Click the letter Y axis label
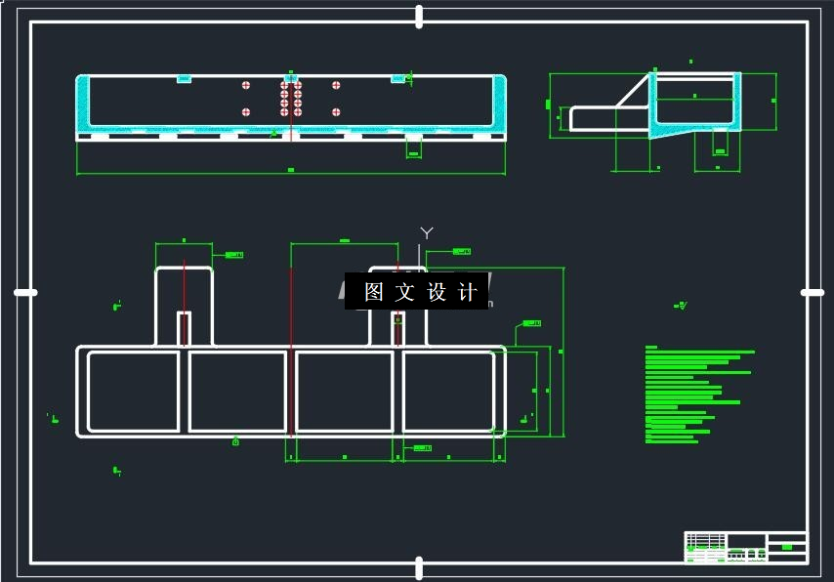coord(426,232)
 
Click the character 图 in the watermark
coord(373,292)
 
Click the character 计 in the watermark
coord(467,292)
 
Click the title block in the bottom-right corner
coord(746,547)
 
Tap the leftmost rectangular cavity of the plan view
coord(134,392)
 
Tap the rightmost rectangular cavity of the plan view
coord(449,392)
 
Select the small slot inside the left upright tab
coord(184,328)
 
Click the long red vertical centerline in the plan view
coord(291,352)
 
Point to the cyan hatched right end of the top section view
coord(500,103)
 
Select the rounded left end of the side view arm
coord(574,118)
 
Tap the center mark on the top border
coord(419,16)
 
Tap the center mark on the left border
coord(25,292)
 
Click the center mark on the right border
coord(812,292)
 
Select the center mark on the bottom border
coord(419,567)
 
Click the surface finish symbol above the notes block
coord(681,306)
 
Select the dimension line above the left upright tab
coord(184,242)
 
